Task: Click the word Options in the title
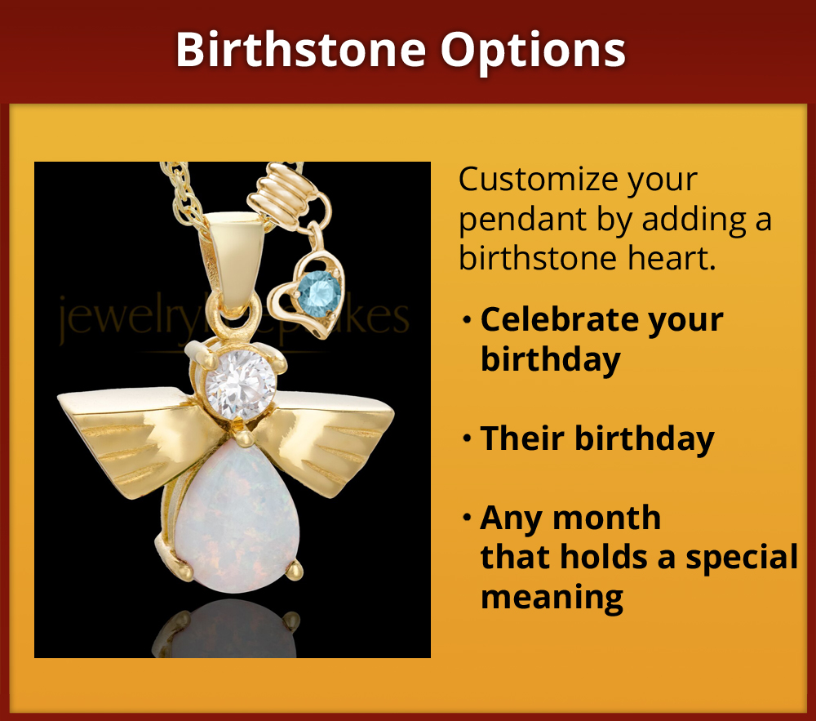[x=534, y=51]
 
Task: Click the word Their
[x=521, y=438]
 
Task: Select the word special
[x=742, y=557]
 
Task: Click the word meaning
[x=552, y=597]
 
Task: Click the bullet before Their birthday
[x=467, y=439]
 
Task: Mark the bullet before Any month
[x=467, y=518]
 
